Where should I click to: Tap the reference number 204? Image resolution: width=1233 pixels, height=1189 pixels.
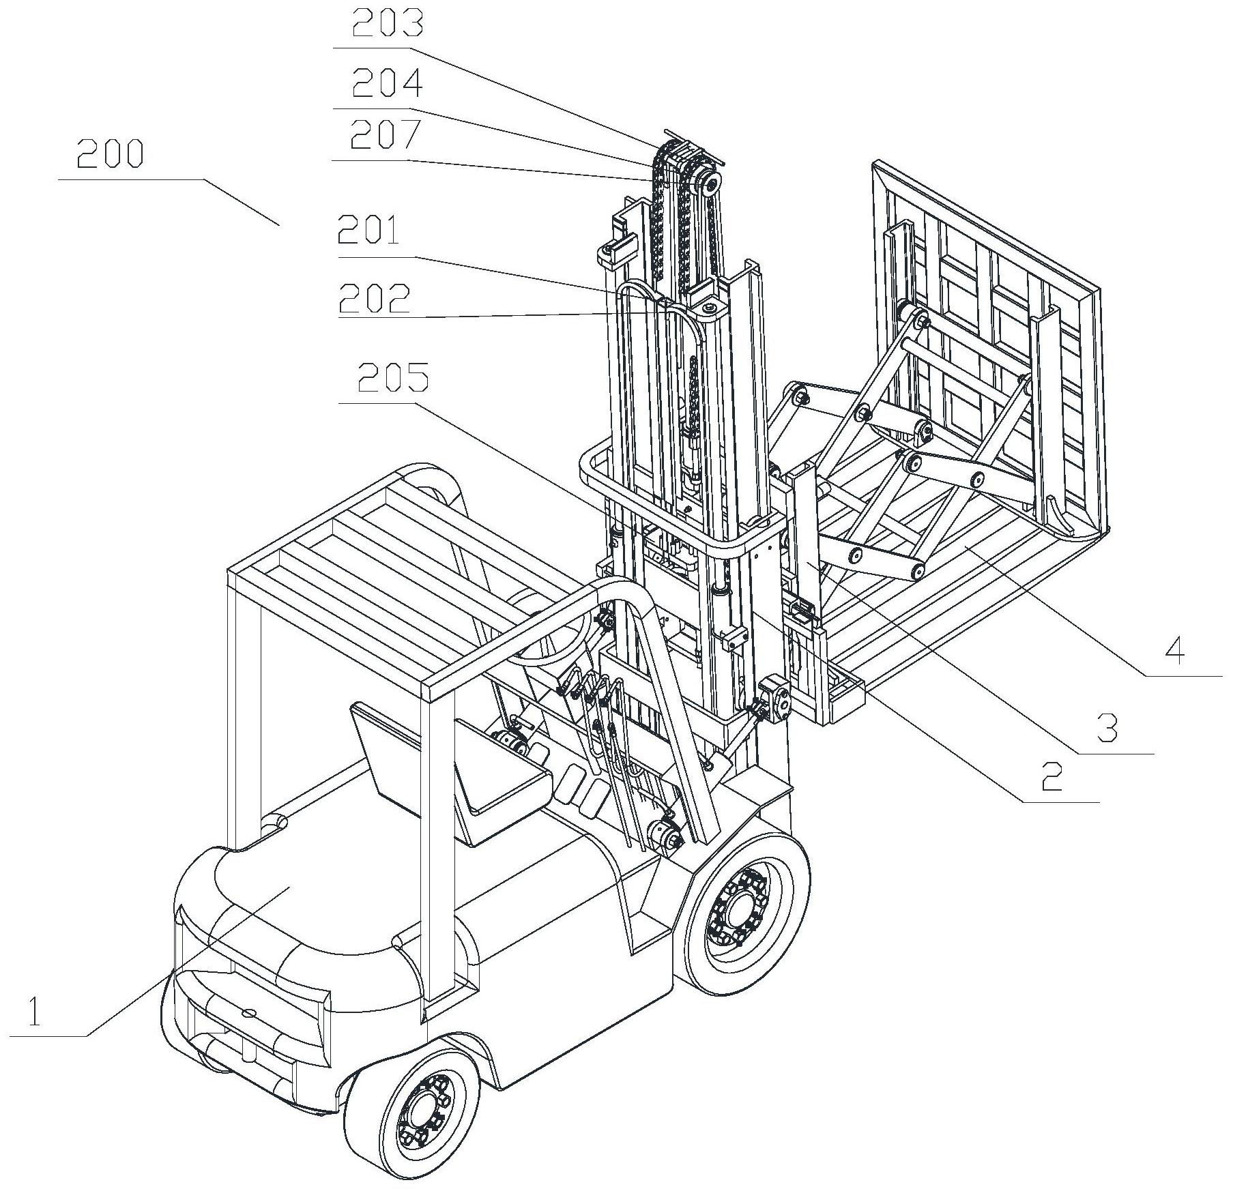[x=387, y=83]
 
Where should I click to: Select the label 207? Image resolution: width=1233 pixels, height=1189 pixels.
[x=385, y=134]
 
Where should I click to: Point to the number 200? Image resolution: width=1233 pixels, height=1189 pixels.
[x=110, y=153]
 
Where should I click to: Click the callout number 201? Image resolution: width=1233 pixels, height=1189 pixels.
[x=369, y=231]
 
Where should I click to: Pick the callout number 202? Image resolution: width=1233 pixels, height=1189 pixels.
[x=375, y=297]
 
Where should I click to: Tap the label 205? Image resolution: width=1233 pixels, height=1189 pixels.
[x=393, y=377]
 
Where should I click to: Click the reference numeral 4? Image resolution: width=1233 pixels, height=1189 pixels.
[x=1174, y=651]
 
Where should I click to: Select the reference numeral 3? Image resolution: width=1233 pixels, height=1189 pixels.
[x=1107, y=729]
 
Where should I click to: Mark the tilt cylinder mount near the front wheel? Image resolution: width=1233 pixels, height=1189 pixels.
[x=665, y=836]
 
